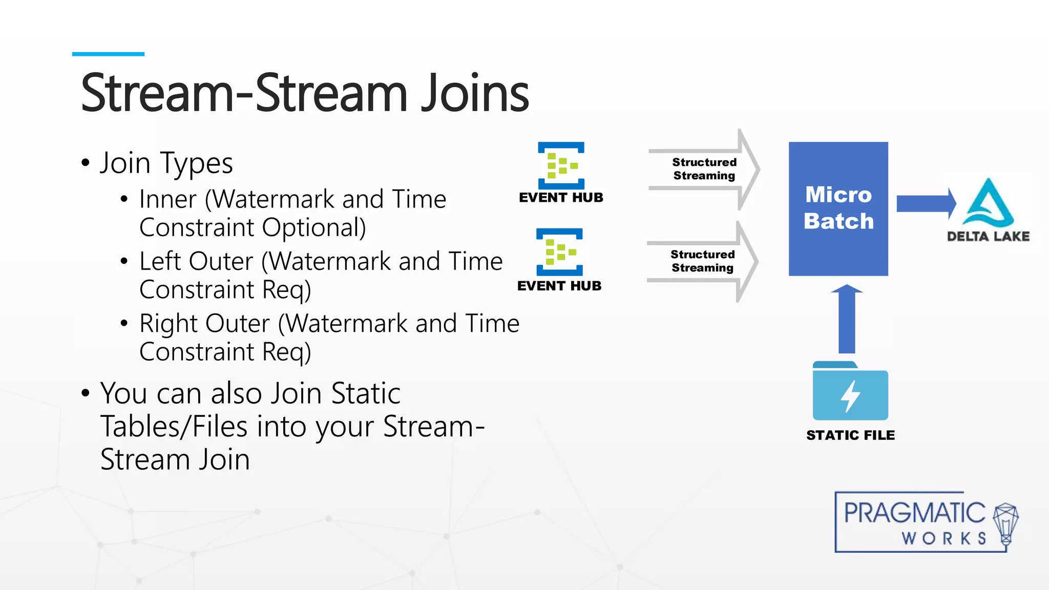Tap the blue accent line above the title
click(108, 54)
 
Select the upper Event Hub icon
click(561, 165)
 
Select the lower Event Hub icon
click(559, 252)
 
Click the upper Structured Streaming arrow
click(704, 169)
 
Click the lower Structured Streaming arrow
click(702, 261)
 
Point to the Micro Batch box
click(838, 208)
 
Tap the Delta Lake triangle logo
click(988, 203)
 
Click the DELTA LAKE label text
click(988, 237)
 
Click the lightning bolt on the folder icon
click(850, 396)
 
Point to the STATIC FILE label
click(850, 435)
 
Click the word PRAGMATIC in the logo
click(914, 513)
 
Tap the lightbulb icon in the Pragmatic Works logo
click(1005, 523)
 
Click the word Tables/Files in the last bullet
click(174, 427)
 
